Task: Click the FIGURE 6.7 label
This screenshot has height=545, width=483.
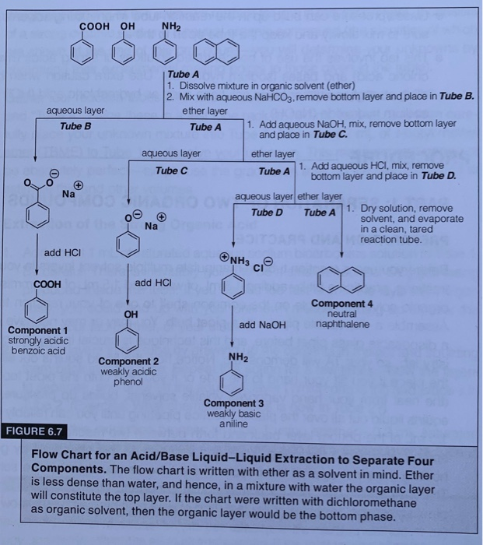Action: (36, 431)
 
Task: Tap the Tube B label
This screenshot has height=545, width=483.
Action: (75, 125)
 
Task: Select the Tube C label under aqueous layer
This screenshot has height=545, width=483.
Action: (171, 170)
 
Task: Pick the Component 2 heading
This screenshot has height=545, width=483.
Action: (128, 362)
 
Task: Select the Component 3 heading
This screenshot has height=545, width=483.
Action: (234, 403)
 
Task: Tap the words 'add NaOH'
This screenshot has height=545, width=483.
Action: (264, 324)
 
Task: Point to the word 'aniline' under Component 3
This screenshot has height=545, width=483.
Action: (233, 423)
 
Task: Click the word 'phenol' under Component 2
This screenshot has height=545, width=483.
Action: (128, 381)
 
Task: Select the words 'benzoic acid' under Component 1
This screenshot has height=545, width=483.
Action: (37, 350)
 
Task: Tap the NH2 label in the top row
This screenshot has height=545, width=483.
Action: (171, 26)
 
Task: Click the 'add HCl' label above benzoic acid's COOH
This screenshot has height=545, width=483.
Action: (62, 253)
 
